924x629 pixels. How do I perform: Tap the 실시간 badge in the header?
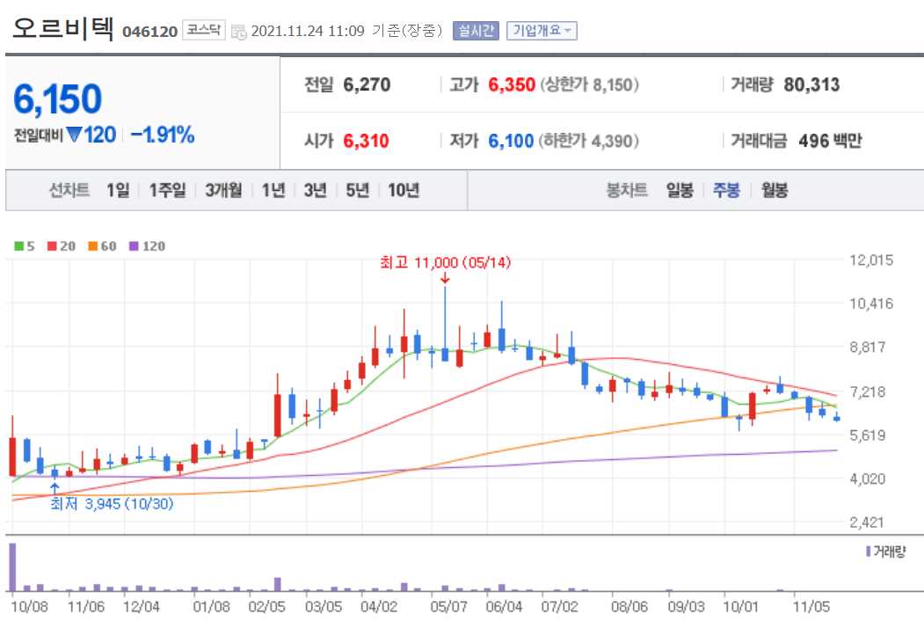pos(476,31)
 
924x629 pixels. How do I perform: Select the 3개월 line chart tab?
pos(223,190)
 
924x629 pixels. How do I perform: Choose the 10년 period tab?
pos(403,190)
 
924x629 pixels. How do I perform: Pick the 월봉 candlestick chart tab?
pos(775,190)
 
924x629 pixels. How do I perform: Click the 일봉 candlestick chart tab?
pos(680,190)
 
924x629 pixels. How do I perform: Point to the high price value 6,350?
pos(512,85)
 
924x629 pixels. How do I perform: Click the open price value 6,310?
pos(367,141)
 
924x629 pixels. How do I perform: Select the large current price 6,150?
pos(58,100)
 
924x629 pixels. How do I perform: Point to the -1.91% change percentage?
pos(163,135)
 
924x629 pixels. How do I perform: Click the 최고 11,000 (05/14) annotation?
pos(445,262)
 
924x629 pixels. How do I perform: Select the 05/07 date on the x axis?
pos(448,607)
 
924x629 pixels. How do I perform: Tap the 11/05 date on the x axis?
pos(812,607)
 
